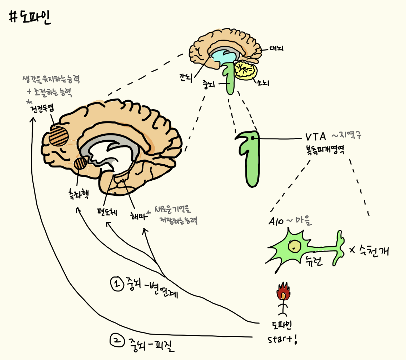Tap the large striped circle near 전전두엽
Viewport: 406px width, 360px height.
[59, 135]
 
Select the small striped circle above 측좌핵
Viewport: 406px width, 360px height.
[80, 164]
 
